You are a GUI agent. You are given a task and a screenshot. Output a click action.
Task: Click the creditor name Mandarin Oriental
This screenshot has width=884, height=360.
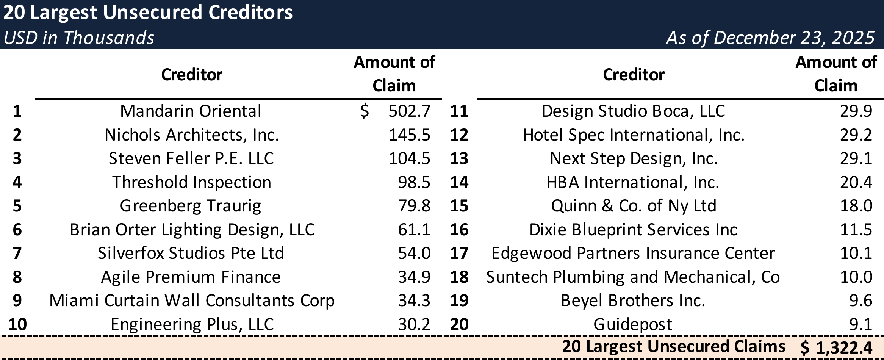tap(191, 111)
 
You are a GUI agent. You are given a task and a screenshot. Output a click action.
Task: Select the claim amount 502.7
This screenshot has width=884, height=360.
tap(409, 111)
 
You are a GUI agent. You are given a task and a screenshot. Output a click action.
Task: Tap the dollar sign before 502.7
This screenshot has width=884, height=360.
tap(364, 111)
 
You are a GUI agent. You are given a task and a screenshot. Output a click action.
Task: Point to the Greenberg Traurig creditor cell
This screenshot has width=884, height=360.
tap(191, 206)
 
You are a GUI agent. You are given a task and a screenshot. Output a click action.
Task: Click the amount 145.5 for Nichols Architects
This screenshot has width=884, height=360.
tap(409, 135)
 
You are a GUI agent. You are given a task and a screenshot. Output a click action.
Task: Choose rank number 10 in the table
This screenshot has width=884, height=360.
tap(17, 324)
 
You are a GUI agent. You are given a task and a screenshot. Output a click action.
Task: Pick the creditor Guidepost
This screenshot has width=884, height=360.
tap(632, 324)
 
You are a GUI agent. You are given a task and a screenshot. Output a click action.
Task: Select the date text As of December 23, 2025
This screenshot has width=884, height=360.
tap(770, 38)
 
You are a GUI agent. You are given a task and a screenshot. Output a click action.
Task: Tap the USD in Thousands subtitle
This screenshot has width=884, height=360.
tap(79, 38)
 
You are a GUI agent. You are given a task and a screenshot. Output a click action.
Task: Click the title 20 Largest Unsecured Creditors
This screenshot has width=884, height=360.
tap(148, 13)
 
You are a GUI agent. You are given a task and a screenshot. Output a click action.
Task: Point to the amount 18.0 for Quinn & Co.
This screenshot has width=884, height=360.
tap(856, 206)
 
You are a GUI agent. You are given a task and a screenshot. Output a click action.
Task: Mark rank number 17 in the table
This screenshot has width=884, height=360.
tap(459, 253)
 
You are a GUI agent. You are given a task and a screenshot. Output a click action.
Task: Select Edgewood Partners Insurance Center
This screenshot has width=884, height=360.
tap(633, 253)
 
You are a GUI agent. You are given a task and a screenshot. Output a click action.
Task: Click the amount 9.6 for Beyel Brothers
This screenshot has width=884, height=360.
tap(861, 301)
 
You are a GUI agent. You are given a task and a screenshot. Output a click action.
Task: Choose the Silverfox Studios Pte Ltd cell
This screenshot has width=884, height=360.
tap(191, 253)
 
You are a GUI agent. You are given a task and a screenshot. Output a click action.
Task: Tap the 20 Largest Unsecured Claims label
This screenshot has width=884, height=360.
tap(673, 346)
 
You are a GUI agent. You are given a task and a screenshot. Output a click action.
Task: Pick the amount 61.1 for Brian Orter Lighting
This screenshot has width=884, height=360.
tap(414, 230)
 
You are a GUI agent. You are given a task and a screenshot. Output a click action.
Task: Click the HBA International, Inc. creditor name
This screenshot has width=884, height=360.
tap(632, 182)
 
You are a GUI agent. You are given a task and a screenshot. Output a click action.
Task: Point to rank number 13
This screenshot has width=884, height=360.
tap(459, 158)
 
